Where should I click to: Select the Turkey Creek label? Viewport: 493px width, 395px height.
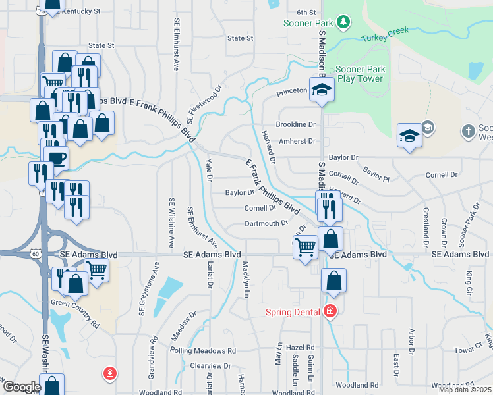(385, 34)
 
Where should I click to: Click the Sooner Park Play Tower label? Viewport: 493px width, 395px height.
(359, 74)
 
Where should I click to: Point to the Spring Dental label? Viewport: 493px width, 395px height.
(293, 311)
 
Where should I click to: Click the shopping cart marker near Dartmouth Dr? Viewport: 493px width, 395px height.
(305, 248)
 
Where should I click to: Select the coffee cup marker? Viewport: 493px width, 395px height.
(55, 158)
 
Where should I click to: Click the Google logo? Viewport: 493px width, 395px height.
(21, 387)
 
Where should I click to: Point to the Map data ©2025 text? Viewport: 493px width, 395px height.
(465, 390)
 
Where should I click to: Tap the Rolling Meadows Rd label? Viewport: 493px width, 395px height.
(206, 351)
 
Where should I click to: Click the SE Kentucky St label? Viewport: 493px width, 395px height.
(78, 11)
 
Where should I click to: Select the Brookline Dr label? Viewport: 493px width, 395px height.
(296, 124)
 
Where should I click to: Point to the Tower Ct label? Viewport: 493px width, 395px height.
(469, 348)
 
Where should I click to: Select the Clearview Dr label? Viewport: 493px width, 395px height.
(210, 365)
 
